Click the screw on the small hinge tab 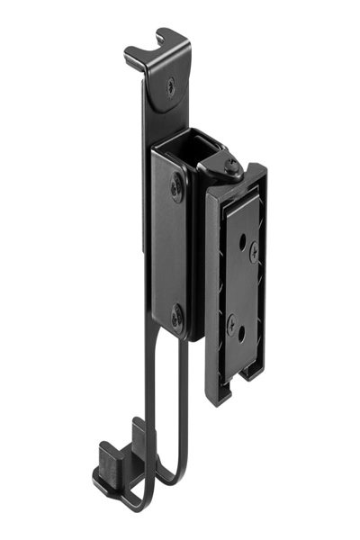(232, 166)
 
